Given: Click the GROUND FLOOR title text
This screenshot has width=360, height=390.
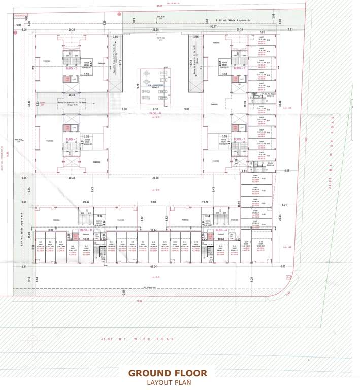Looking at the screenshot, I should pos(168,373).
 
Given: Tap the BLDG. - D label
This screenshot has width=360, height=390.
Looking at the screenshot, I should pos(72,68).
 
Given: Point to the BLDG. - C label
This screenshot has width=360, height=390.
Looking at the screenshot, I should pos(72,139).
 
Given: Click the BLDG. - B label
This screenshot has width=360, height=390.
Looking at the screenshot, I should pos(85,230).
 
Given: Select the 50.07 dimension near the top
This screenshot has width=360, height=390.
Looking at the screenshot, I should pos(213,26).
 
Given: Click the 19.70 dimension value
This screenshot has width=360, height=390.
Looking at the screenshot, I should pos(205,202).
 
